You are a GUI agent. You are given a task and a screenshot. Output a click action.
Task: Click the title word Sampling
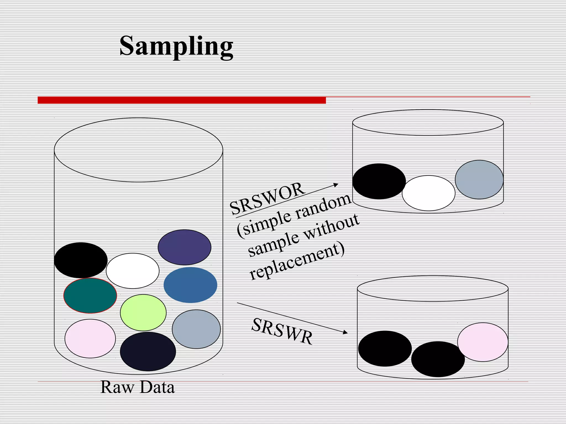(176, 46)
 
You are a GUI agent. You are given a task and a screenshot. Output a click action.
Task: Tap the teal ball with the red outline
(90, 296)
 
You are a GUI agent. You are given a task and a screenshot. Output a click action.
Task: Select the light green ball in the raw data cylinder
(143, 313)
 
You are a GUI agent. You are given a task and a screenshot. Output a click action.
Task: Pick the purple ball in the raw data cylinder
(184, 247)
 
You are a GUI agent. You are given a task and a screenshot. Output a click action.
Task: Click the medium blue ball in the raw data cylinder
(190, 285)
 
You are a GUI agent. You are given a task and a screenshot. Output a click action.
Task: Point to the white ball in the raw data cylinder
(133, 271)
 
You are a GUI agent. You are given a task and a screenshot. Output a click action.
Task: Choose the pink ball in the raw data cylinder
(90, 339)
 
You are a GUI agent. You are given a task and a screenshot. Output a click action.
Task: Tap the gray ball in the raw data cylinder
(196, 329)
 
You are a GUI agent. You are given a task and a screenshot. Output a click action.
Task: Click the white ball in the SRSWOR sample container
(428, 193)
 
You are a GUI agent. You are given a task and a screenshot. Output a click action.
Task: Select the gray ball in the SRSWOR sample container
(479, 179)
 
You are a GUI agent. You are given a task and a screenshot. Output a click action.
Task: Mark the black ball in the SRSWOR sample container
(379, 181)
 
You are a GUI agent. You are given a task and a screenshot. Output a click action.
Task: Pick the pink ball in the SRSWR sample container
(483, 342)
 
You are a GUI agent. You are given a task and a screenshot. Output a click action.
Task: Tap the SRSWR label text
(282, 331)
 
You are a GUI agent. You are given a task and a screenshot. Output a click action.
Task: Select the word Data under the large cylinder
(157, 387)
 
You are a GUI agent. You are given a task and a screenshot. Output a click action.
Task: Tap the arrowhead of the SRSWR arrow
(345, 332)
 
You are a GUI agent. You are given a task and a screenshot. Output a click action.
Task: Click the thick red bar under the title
(182, 100)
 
